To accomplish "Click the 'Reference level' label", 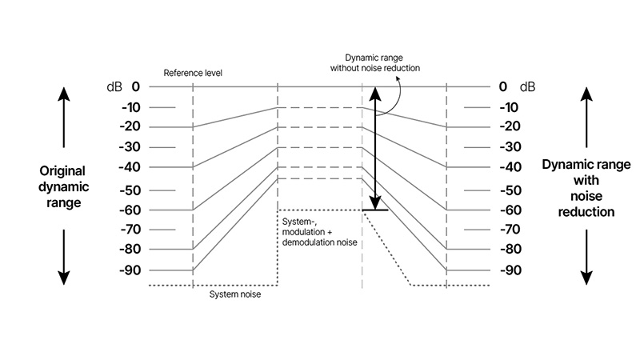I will tap(193, 73).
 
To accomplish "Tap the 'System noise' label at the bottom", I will tap(234, 294).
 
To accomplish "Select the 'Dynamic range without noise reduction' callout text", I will tap(375, 62).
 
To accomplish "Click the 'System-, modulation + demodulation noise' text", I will tap(319, 230).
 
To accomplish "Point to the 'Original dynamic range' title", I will tap(63, 187).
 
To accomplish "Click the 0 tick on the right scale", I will tap(502, 86).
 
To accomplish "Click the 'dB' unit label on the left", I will tap(113, 86).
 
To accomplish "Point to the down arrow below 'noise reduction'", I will tap(586, 256).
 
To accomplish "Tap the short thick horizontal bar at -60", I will tap(375, 210).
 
